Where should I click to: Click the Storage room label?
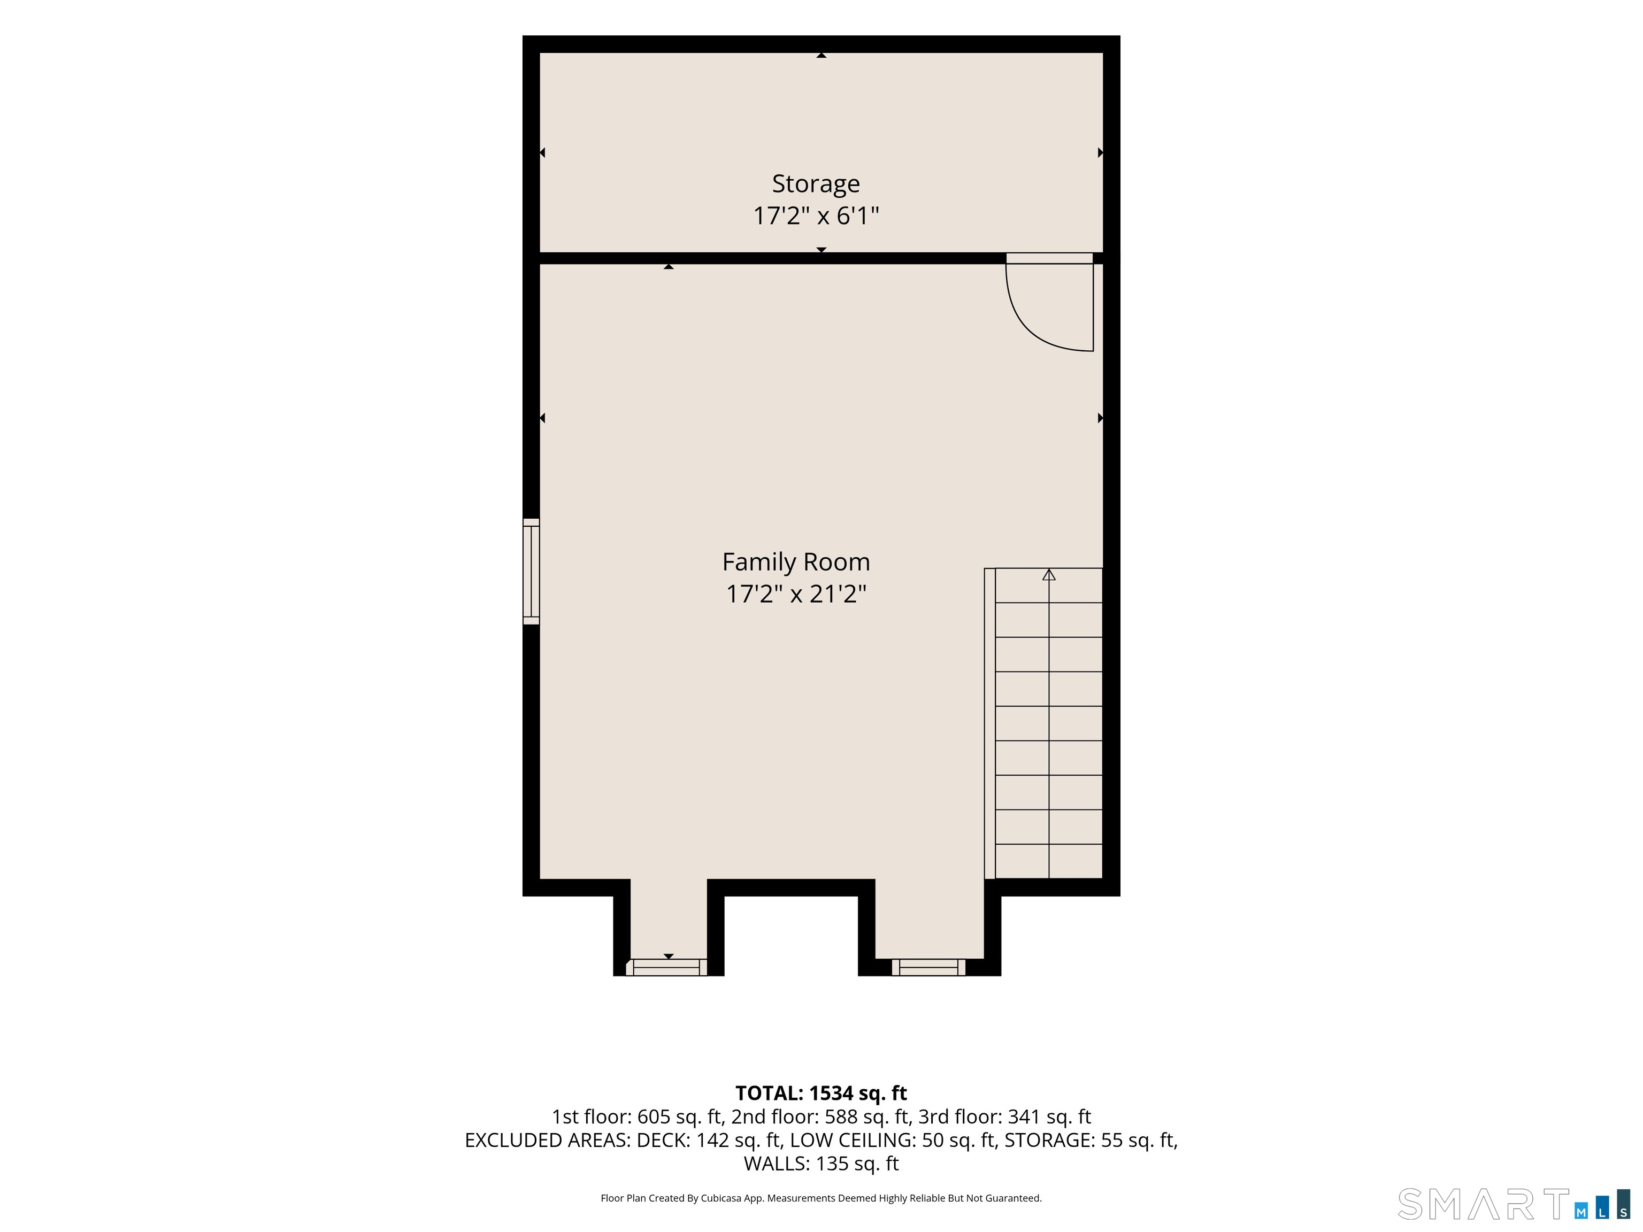tap(816, 183)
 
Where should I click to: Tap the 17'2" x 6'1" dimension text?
tap(816, 216)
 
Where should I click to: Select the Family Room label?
tap(795, 562)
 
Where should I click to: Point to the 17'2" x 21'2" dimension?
tap(795, 594)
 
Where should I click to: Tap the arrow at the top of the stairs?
tap(1049, 575)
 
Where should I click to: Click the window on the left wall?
tap(531, 571)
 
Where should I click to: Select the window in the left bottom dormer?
tap(666, 967)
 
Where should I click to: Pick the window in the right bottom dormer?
tap(928, 967)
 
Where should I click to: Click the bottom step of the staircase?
tap(1049, 861)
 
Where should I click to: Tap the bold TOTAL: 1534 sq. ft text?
tap(821, 1093)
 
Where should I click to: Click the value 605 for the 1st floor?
tap(654, 1117)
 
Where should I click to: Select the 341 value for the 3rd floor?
tap(1024, 1117)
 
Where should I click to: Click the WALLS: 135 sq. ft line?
tap(821, 1164)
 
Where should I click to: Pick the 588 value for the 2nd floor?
tap(841, 1117)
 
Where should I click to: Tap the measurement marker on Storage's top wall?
tap(821, 55)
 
